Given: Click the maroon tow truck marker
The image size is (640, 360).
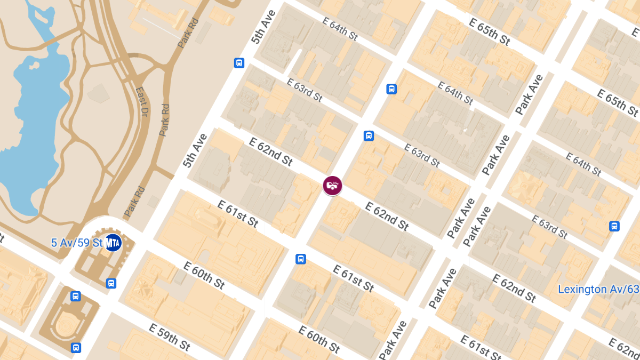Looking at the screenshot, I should [x=332, y=186].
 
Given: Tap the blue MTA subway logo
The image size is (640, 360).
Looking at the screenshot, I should [x=113, y=243].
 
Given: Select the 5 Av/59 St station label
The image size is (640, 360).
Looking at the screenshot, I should [x=76, y=243].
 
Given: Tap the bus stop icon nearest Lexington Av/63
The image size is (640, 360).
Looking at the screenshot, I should [x=614, y=226].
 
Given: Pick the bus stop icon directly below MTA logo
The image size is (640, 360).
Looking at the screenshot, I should [x=111, y=283].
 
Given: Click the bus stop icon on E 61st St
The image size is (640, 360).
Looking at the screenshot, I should [x=301, y=259].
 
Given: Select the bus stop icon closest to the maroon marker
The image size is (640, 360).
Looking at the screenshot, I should [x=369, y=136].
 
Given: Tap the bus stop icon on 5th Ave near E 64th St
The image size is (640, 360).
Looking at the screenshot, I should [x=239, y=63].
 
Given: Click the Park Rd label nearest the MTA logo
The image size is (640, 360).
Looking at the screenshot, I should [x=134, y=202].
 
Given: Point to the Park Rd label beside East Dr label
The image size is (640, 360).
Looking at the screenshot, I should [x=164, y=119].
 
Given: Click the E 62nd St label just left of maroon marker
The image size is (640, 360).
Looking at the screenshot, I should [x=271, y=151].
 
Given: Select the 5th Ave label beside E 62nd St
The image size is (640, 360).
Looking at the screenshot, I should [x=195, y=151].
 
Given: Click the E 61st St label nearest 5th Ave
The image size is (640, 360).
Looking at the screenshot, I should [x=238, y=213].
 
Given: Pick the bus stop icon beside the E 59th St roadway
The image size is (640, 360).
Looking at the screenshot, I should [x=76, y=348].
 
